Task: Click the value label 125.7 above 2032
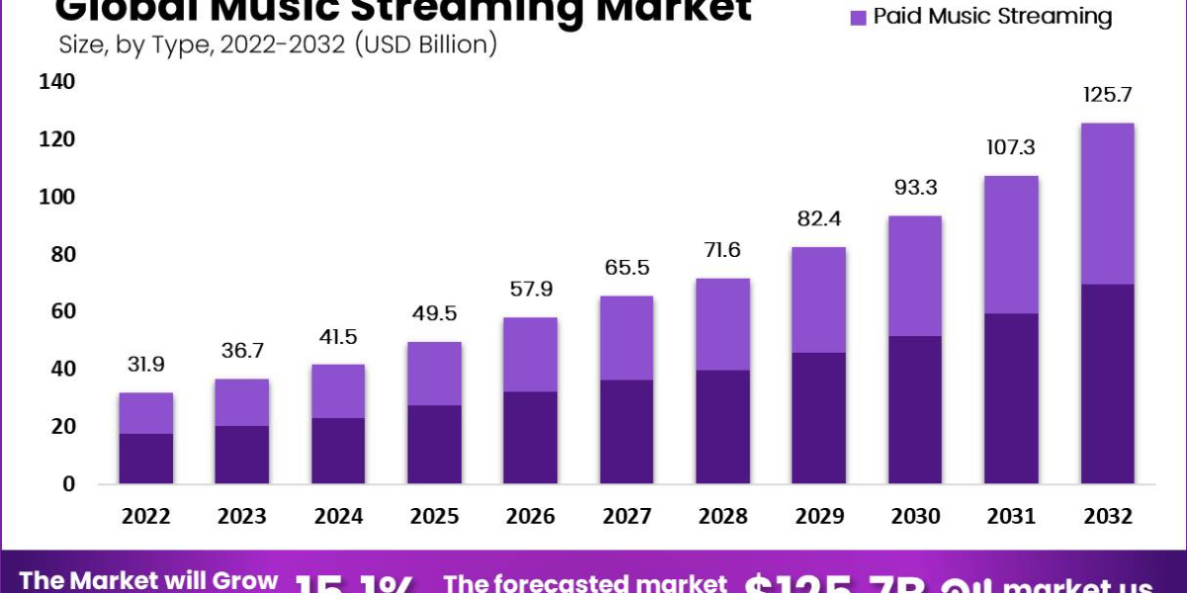pyautogui.click(x=1106, y=96)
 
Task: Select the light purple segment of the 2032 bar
pyautogui.click(x=1106, y=204)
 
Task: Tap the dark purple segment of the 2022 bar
pyautogui.click(x=146, y=459)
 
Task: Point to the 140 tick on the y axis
pyautogui.click(x=56, y=83)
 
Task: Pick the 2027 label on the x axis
pyautogui.click(x=626, y=516)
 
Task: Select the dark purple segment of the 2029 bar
pyautogui.click(x=818, y=418)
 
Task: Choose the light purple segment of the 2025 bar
pyautogui.click(x=434, y=374)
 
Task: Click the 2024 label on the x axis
pyautogui.click(x=338, y=516)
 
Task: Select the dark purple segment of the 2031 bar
pyautogui.click(x=1010, y=398)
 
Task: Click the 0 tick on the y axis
pyautogui.click(x=69, y=483)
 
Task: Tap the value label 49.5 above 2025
pyautogui.click(x=434, y=314)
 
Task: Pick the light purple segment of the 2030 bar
pyautogui.click(x=914, y=276)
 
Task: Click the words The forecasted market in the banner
pyautogui.click(x=585, y=582)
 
